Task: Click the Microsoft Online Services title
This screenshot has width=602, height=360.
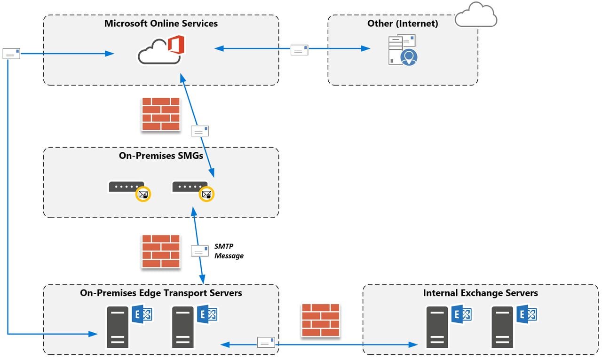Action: click(x=161, y=23)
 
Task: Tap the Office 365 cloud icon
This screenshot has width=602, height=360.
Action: click(x=161, y=50)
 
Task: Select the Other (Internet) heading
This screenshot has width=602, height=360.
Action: click(x=403, y=23)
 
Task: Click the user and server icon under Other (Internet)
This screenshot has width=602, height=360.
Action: click(x=403, y=50)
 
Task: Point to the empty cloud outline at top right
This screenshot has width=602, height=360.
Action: click(x=476, y=16)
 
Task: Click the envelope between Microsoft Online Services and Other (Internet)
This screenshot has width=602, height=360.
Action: click(x=299, y=50)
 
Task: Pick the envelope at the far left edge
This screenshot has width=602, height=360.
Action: click(x=11, y=53)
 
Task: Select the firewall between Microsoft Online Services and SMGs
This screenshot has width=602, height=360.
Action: click(x=161, y=114)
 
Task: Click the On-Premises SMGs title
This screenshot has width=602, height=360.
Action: click(x=161, y=156)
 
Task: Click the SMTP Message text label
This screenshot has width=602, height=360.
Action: click(x=229, y=251)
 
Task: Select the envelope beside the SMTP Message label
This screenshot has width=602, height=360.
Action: click(x=199, y=251)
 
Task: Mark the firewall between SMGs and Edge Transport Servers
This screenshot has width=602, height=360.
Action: click(x=161, y=251)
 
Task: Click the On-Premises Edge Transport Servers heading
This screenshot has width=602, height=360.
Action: click(x=161, y=293)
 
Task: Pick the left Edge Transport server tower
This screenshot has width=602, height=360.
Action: click(x=118, y=327)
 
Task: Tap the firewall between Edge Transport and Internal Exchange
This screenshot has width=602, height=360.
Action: click(x=320, y=320)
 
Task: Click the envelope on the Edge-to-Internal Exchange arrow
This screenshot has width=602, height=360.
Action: click(x=266, y=342)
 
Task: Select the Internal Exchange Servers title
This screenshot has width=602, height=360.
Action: click(x=480, y=293)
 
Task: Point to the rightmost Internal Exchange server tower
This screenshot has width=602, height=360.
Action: click(x=502, y=327)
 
